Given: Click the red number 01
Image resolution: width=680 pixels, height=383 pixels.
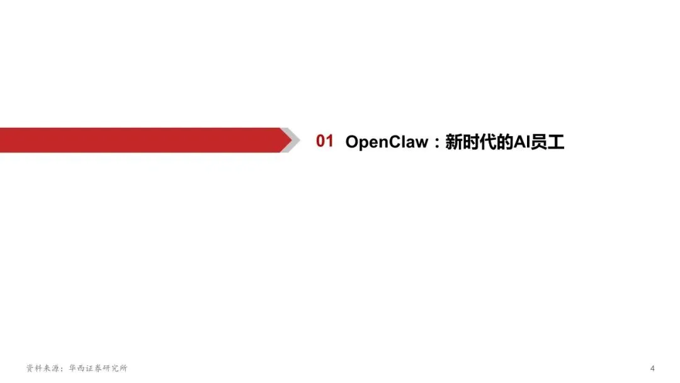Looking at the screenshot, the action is tap(324, 142).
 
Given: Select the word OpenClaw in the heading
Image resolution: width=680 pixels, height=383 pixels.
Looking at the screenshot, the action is tap(386, 142).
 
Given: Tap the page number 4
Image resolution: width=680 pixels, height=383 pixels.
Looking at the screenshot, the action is tap(652, 368).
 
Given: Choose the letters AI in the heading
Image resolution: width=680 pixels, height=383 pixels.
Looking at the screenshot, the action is tap(522, 142).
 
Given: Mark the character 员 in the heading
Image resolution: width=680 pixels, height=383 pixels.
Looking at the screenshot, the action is tap(540, 142).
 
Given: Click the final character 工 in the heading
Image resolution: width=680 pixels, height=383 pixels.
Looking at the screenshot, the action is tap(557, 142).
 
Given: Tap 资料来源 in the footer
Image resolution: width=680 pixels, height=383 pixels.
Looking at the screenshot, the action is tap(42, 368).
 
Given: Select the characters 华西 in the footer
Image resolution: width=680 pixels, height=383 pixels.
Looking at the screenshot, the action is tap(72, 368).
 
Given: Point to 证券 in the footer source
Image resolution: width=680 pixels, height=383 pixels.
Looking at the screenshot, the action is tap(93, 368).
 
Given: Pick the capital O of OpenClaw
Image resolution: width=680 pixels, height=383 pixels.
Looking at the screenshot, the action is tap(352, 142).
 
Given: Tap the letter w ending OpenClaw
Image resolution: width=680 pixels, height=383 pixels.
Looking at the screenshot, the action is tap(421, 143).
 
